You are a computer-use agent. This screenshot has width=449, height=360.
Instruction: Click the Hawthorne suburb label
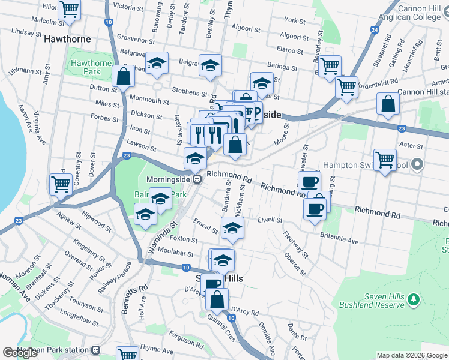(x=67, y=39)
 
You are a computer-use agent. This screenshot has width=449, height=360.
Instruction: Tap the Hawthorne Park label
(x=91, y=68)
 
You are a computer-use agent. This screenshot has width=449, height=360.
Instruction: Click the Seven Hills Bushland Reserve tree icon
(x=412, y=298)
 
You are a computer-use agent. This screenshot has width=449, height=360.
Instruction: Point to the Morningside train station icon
(x=196, y=179)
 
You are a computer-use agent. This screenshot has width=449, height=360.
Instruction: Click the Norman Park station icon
(x=95, y=349)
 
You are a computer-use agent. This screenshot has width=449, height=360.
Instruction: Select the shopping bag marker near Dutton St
(x=123, y=77)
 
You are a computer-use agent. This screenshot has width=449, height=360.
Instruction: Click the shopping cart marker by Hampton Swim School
(x=385, y=160)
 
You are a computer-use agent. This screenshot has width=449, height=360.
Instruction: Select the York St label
(x=295, y=20)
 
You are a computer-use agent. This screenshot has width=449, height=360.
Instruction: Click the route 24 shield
(x=375, y=29)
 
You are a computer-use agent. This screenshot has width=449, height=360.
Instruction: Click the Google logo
(x=20, y=353)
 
